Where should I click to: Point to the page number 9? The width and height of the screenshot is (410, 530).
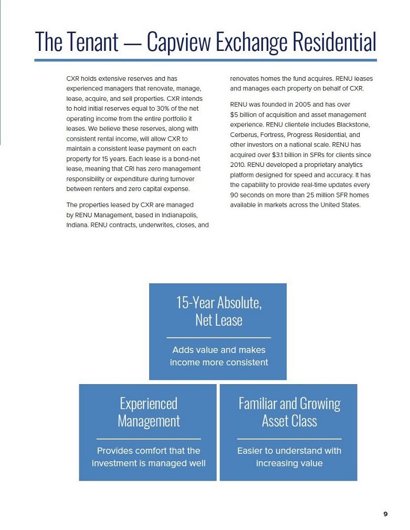(x=385, y=514)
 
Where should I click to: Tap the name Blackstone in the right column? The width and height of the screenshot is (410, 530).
(x=353, y=124)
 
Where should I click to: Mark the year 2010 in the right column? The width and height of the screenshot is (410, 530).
(x=239, y=164)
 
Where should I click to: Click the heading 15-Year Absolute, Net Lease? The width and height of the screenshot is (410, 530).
(x=218, y=311)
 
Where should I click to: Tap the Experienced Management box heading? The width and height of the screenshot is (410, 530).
(x=149, y=412)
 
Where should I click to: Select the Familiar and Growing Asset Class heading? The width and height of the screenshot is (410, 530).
(x=289, y=412)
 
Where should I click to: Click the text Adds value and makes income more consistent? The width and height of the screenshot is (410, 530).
(x=218, y=356)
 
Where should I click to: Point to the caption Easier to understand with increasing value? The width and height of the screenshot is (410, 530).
(x=289, y=457)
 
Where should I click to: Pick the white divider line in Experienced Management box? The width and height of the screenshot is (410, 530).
(x=149, y=439)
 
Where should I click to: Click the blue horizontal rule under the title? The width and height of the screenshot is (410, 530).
(x=205, y=60)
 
